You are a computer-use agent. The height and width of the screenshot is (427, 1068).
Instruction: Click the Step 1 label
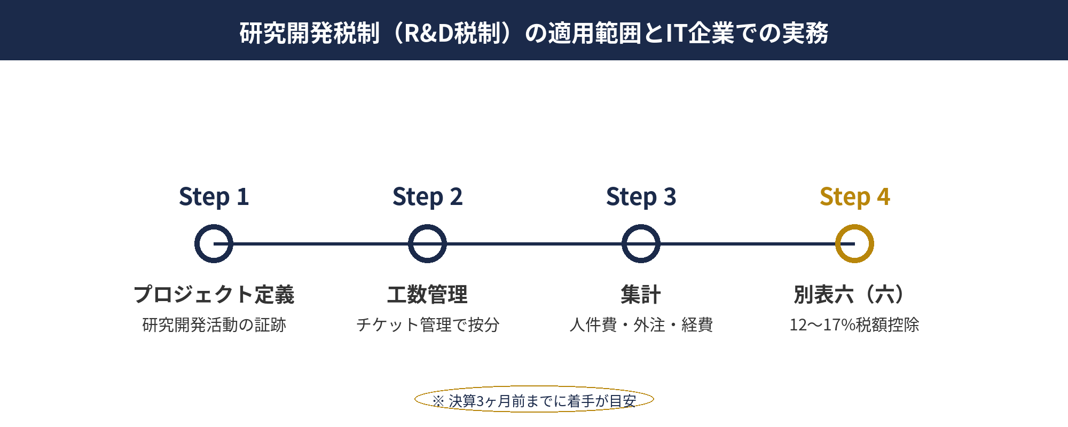[214, 197]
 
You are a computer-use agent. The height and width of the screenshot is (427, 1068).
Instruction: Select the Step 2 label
[427, 197]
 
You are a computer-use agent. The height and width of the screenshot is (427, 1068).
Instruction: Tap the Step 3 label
[641, 197]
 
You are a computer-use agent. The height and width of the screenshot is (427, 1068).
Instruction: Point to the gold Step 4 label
[854, 197]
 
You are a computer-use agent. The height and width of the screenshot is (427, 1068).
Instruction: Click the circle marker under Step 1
[214, 243]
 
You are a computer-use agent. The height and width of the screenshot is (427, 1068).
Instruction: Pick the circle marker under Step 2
[427, 243]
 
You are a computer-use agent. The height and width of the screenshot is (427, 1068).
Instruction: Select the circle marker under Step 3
[641, 243]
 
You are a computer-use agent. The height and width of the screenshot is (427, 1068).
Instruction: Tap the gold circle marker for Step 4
[854, 243]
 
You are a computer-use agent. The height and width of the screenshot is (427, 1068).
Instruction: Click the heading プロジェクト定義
[214, 295]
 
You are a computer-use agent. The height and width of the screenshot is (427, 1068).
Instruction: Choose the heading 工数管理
[427, 295]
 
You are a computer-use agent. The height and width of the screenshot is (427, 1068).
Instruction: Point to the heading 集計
[641, 295]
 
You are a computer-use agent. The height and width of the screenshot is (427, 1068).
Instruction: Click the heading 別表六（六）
[854, 295]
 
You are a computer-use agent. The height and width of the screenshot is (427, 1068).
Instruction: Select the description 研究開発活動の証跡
[214, 325]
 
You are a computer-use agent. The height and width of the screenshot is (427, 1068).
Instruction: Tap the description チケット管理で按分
[427, 325]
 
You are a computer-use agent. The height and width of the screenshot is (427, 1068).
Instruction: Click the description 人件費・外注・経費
[641, 325]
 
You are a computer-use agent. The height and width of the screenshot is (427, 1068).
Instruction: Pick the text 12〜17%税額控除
[854, 325]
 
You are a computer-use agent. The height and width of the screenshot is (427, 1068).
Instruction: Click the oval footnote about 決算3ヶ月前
[534, 400]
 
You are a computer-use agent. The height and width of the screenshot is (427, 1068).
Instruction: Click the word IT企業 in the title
[700, 33]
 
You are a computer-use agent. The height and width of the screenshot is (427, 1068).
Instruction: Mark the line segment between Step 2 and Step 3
[534, 243]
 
